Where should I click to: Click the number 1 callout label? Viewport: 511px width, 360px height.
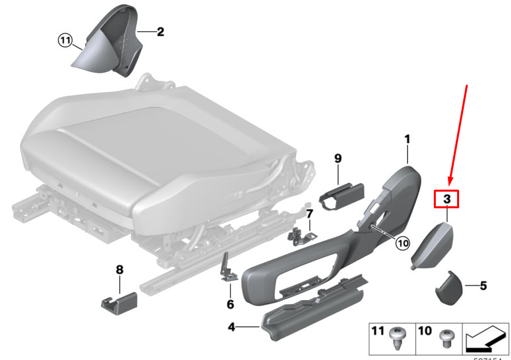407,140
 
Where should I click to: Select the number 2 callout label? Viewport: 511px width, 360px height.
160,31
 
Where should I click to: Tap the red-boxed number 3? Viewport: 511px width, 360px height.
447,198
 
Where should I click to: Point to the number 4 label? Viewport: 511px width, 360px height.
231,327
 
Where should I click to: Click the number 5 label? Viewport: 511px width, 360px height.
483,286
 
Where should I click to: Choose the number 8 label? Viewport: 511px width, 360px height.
119,270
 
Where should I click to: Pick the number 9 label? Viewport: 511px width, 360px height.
337,158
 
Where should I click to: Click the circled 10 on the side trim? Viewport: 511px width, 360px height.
403,244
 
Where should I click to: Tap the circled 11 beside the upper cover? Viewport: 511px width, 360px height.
64,41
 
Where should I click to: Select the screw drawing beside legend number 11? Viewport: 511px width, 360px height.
398,335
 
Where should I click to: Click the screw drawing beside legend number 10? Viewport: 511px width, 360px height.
444,337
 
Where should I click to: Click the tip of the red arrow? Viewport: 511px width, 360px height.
451,184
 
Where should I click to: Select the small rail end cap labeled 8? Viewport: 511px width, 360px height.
118,301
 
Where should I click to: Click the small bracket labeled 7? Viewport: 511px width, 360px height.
301,233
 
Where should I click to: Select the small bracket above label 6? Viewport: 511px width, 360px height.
228,270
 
